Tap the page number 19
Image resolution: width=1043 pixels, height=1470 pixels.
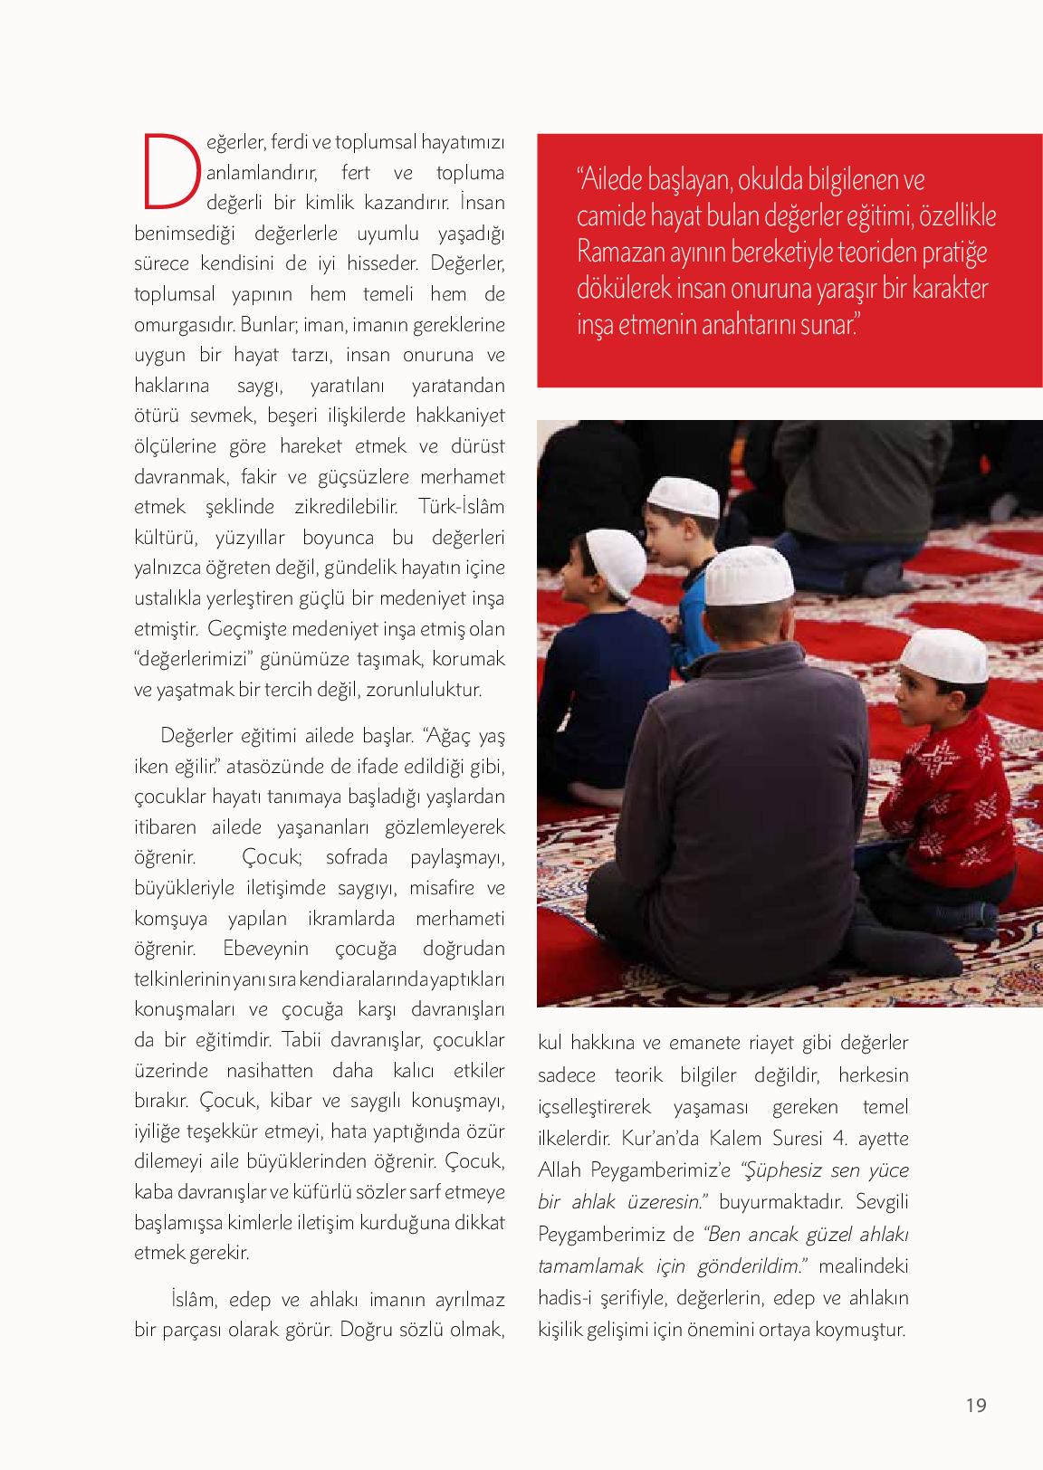[x=975, y=1406]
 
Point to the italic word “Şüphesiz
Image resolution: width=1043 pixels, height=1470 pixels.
[x=782, y=1169]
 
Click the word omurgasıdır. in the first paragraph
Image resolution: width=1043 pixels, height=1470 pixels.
[x=185, y=323]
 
